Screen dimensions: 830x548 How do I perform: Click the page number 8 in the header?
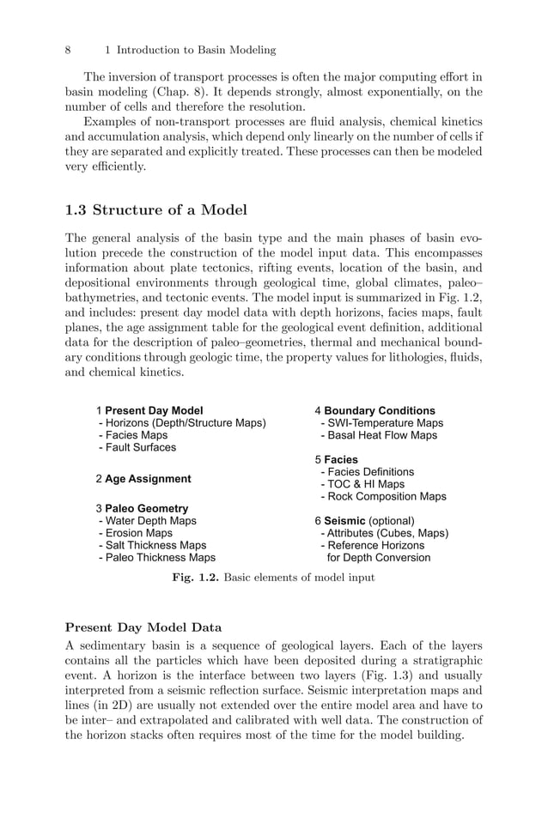pyautogui.click(x=69, y=50)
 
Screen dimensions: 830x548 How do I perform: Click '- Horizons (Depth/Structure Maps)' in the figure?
pyautogui.click(x=182, y=423)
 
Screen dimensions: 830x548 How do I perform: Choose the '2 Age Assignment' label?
pyautogui.click(x=143, y=478)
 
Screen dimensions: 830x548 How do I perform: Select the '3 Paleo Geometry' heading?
pyautogui.click(x=142, y=508)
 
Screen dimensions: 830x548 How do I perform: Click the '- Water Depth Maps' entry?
pyautogui.click(x=147, y=521)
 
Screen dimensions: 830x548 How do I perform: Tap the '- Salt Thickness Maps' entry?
pyautogui.click(x=152, y=545)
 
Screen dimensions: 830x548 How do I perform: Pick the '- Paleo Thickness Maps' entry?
pyautogui.click(x=156, y=557)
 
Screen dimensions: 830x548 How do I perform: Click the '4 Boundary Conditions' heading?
pyautogui.click(x=374, y=410)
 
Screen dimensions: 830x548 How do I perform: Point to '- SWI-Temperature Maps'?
pyautogui.click(x=381, y=423)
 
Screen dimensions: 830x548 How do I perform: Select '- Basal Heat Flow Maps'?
pyautogui.click(x=378, y=435)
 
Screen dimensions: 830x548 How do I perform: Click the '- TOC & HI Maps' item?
pyautogui.click(x=362, y=484)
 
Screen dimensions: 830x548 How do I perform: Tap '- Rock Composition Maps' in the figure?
pyautogui.click(x=383, y=496)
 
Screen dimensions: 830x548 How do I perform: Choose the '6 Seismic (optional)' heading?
pyautogui.click(x=364, y=521)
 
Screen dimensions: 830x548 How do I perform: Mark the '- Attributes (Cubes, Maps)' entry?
pyautogui.click(x=384, y=533)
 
